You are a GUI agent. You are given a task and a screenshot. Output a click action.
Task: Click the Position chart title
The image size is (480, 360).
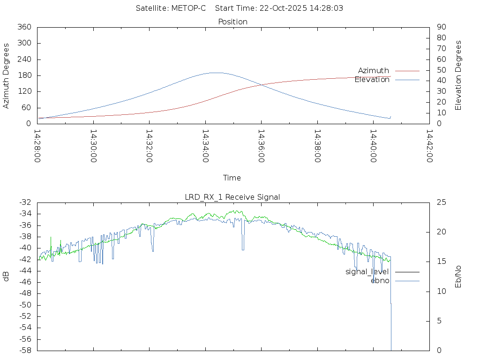(x=233, y=22)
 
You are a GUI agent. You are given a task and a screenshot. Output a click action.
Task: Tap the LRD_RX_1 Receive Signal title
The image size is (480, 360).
(x=232, y=197)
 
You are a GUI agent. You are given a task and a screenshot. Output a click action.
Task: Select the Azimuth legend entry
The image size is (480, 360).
(x=374, y=71)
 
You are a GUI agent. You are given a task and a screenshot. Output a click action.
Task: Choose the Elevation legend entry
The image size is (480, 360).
(x=372, y=80)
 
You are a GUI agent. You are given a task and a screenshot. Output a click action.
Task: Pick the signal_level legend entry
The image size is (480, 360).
(x=367, y=272)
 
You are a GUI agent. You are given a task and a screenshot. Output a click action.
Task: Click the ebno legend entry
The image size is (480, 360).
(x=380, y=280)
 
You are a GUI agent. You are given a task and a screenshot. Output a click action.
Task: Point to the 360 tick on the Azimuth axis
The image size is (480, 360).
(x=24, y=27)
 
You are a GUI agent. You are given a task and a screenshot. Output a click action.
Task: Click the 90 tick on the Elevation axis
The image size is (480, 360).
(x=441, y=27)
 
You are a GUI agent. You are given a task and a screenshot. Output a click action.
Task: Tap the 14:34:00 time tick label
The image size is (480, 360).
(x=206, y=146)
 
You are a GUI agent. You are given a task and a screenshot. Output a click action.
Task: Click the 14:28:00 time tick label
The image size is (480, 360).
(x=38, y=146)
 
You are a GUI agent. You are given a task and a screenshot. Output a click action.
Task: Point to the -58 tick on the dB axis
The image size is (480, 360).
(x=25, y=351)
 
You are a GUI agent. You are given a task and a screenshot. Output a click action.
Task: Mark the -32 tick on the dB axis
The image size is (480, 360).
(x=25, y=202)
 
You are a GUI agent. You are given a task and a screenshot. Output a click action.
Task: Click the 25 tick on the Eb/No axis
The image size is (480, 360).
(x=441, y=202)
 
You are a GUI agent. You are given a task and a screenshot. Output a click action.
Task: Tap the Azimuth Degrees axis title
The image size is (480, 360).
(x=7, y=75)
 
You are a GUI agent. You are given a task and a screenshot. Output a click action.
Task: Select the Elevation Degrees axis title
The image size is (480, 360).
(x=458, y=75)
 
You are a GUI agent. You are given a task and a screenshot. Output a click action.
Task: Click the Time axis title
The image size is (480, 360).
(x=232, y=178)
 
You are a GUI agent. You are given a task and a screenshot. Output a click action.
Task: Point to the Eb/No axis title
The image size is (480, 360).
(x=458, y=277)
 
